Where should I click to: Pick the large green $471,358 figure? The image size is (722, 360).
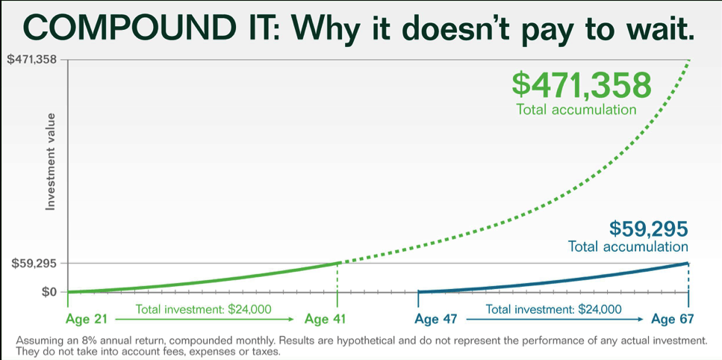(582, 84)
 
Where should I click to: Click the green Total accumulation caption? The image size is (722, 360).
(576, 110)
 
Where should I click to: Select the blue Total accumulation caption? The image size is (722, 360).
(628, 246)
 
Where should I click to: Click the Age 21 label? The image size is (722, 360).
(87, 320)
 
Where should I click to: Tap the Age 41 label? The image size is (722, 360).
(326, 320)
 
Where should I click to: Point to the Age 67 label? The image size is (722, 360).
(672, 320)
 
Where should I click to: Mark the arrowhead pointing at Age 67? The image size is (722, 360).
(641, 320)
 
